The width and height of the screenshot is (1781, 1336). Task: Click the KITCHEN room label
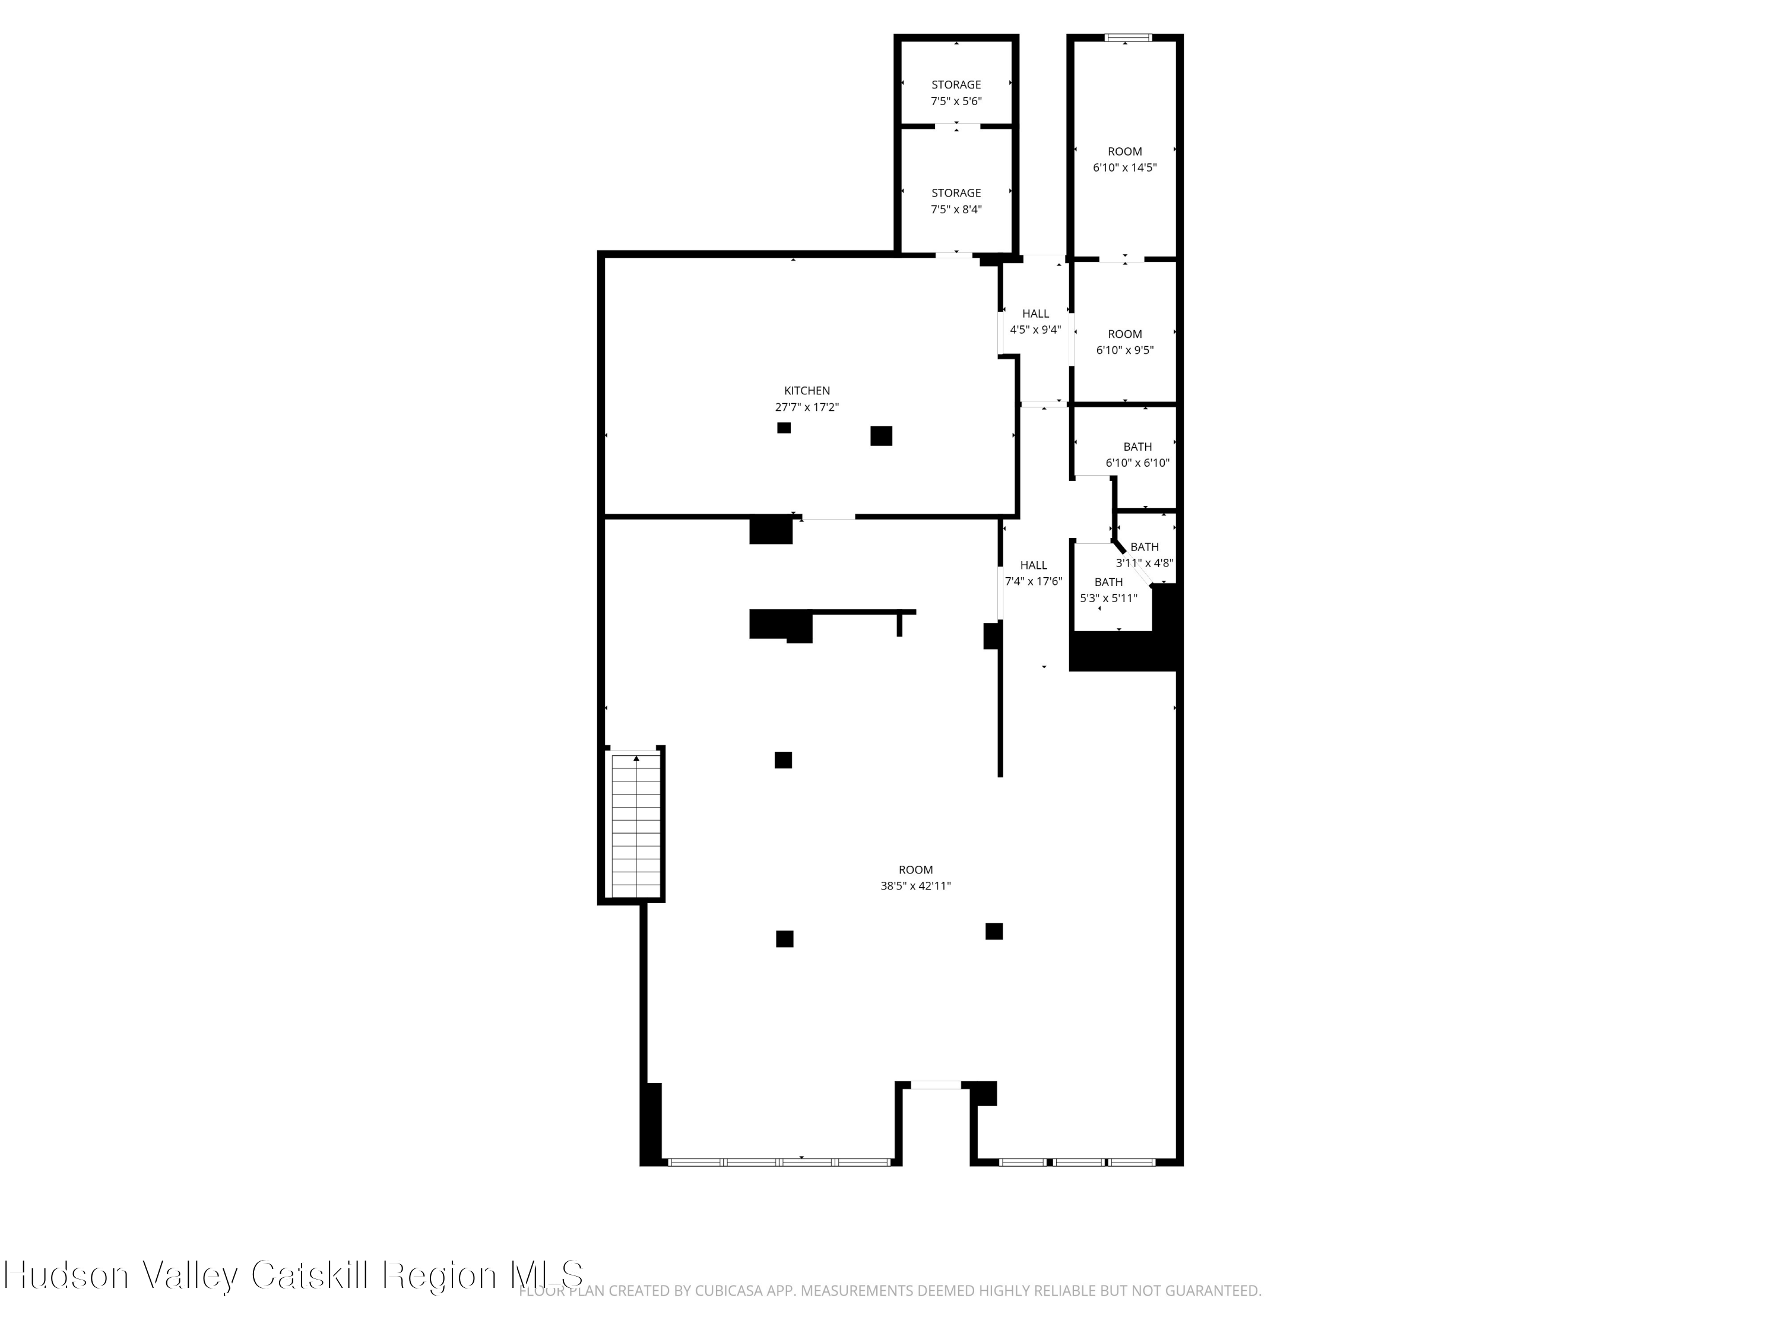807,391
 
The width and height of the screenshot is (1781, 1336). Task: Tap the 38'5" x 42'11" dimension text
915,886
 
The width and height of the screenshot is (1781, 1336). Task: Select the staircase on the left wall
636,825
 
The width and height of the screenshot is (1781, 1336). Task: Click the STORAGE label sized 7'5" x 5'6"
956,84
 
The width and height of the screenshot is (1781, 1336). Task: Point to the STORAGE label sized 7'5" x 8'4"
956,192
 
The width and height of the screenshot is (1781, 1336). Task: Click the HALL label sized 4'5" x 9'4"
1035,314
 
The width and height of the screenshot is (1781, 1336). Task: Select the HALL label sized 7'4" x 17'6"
1033,565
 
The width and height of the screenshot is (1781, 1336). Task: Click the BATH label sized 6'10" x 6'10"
1137,447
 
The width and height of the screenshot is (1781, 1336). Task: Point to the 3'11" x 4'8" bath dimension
1144,563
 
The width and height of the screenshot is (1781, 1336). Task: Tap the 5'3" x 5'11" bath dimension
1108,599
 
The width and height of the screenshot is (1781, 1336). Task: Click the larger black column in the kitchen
881,436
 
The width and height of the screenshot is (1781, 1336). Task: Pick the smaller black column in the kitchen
784,428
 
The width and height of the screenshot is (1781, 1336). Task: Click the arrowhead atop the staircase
636,759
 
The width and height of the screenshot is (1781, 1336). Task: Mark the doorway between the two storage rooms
956,126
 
